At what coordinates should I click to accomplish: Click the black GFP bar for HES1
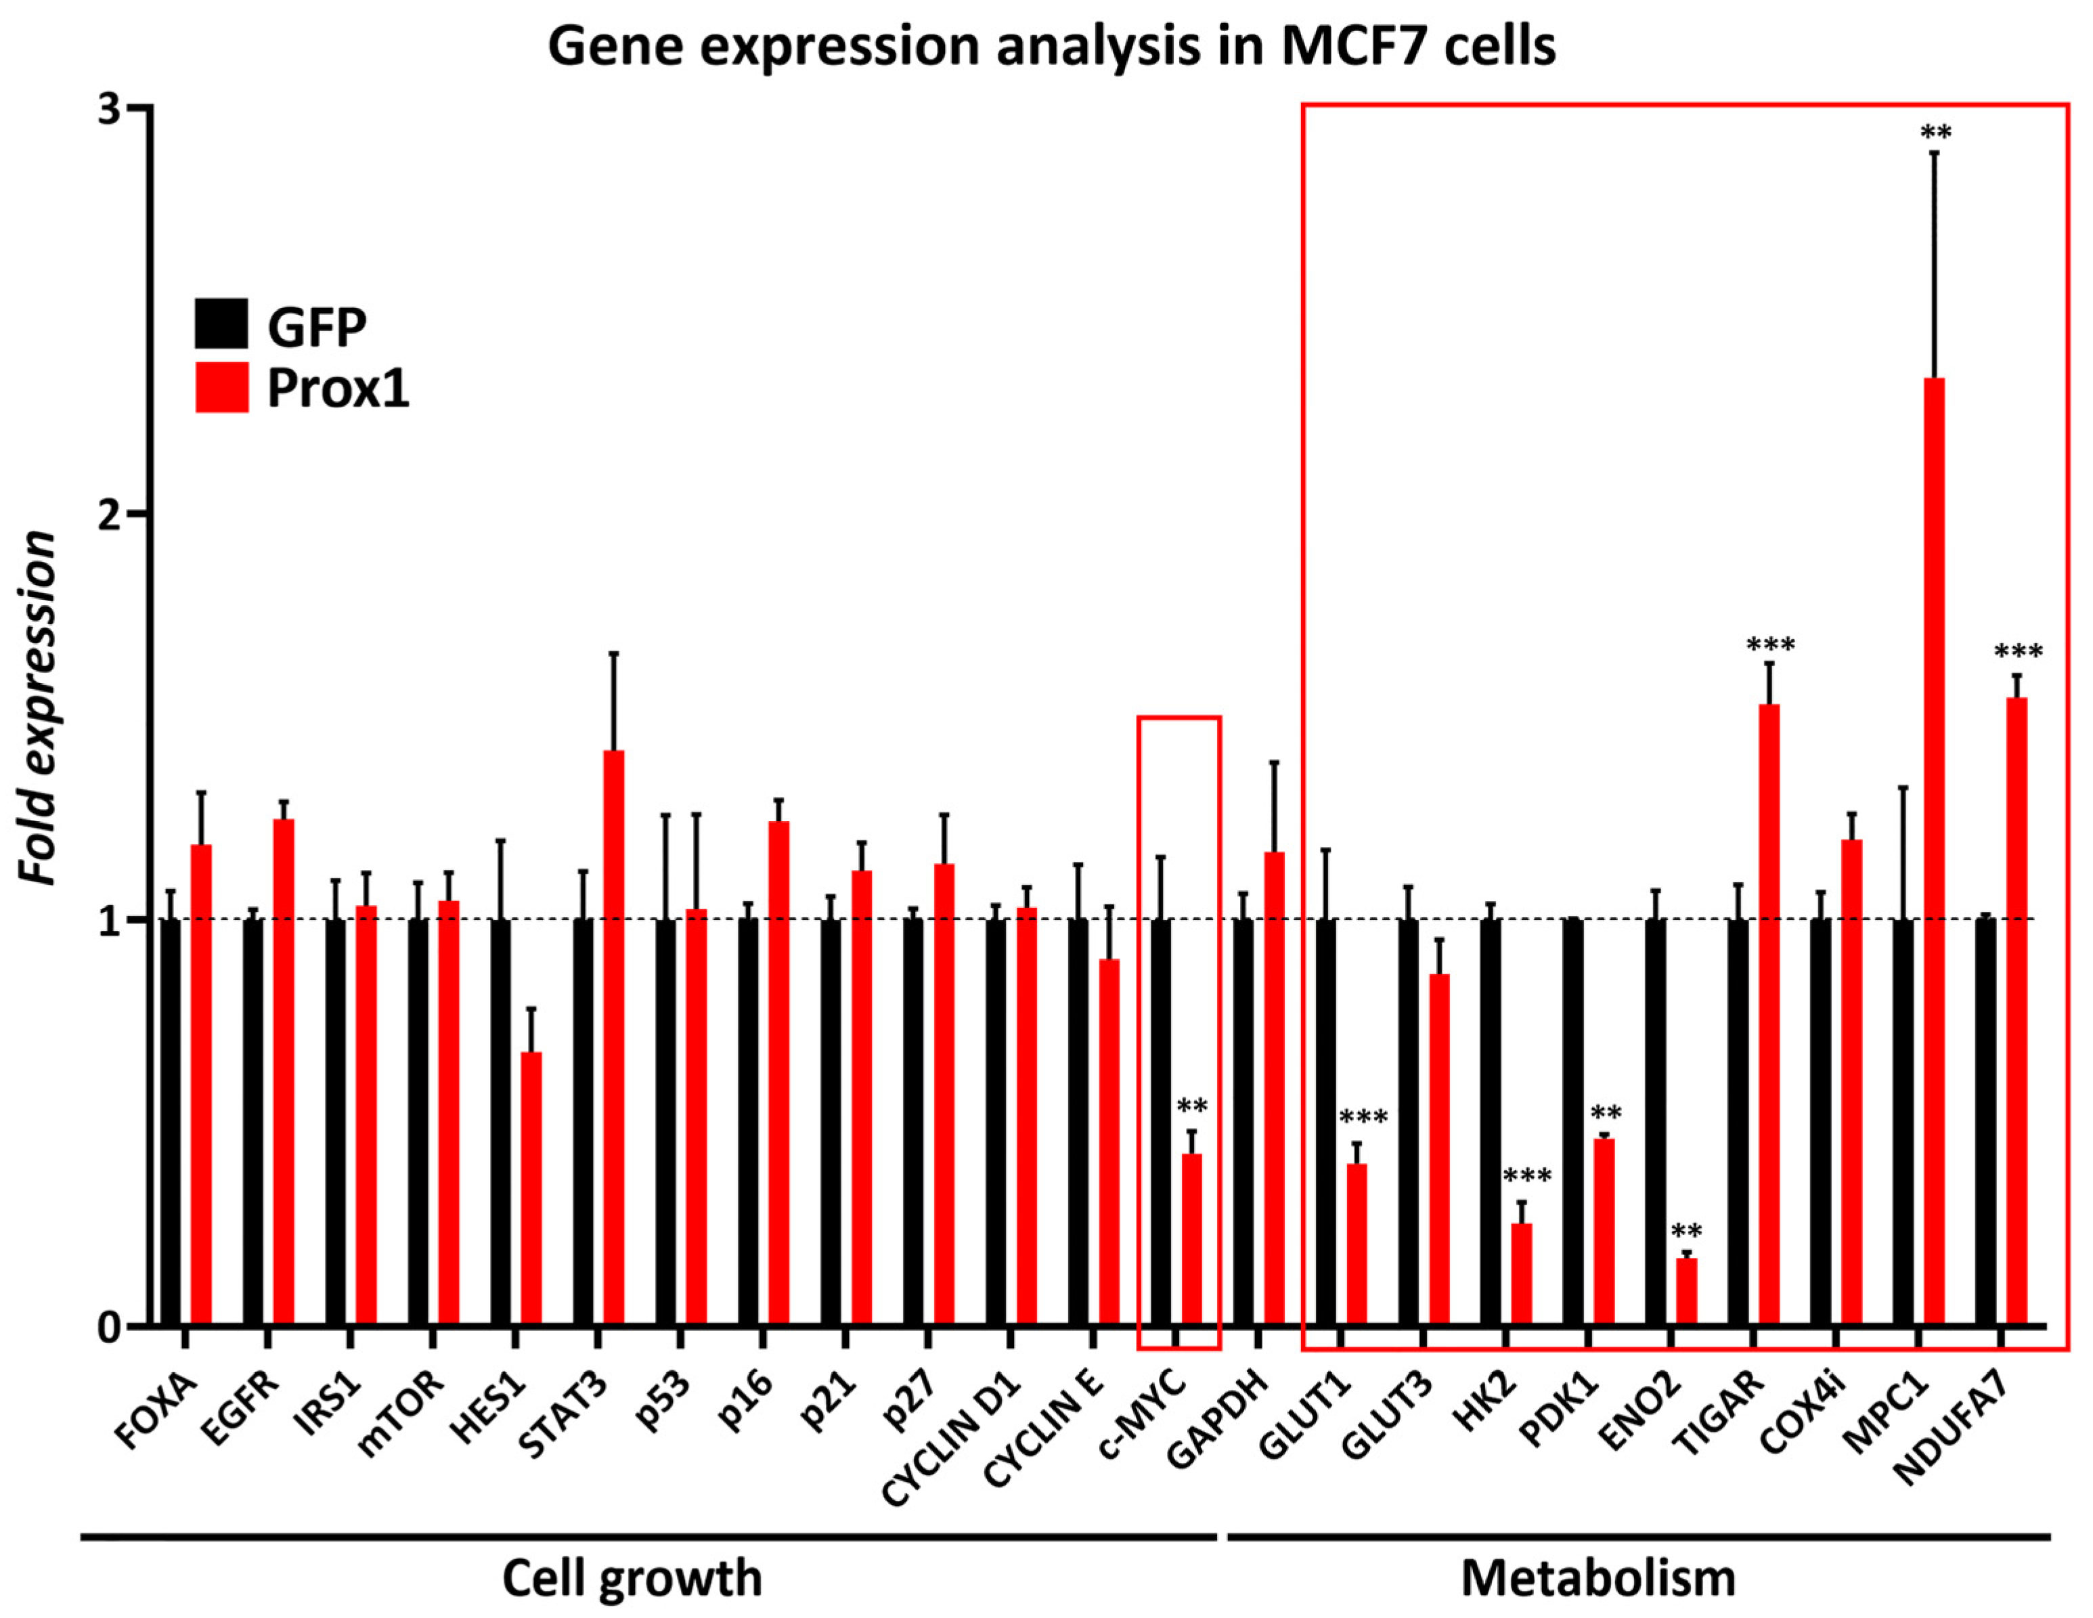pos(500,1122)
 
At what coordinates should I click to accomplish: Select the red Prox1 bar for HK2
pos(1521,1274)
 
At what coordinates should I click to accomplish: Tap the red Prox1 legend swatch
pos(221,387)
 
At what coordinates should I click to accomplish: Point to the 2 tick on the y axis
pos(139,514)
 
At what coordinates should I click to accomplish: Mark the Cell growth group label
pos(632,1577)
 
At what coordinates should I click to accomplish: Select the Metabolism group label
pos(1598,1577)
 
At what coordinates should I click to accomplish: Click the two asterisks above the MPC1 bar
pos(1935,132)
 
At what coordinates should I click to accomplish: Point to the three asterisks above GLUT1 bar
pos(1363,1118)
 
